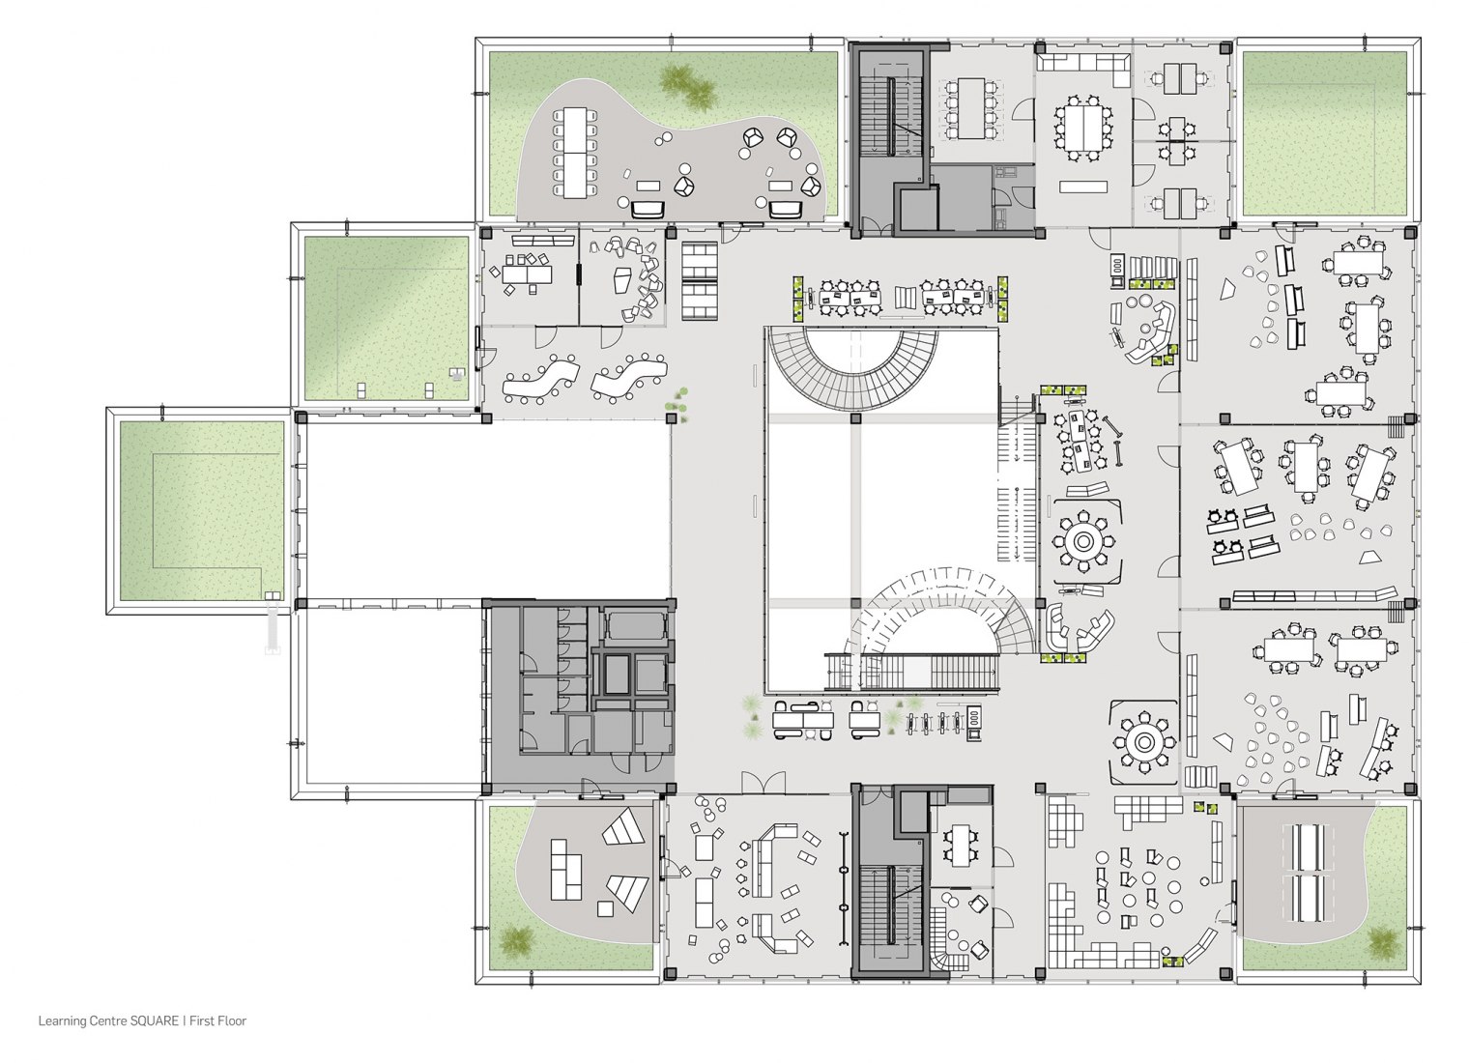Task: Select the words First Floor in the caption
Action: tap(217, 1021)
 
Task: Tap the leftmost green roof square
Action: tap(202, 511)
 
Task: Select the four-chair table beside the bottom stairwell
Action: tap(960, 846)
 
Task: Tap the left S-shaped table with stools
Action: tap(541, 379)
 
